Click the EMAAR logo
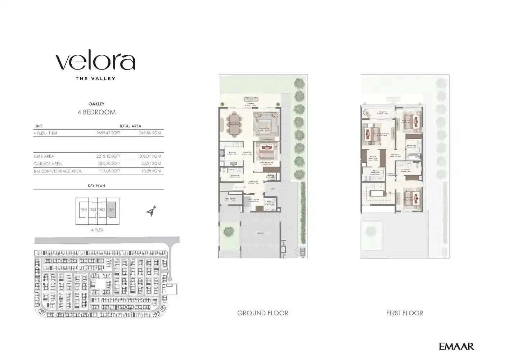pyautogui.click(x=456, y=346)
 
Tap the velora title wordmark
pyautogui.click(x=95, y=62)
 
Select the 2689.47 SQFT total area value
pyautogui.click(x=108, y=133)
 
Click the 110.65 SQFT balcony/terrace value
pyautogui.click(x=108, y=171)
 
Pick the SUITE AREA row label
pyautogui.click(x=44, y=156)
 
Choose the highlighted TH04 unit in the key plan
pyautogui.click(x=111, y=210)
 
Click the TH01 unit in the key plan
pyautogui.click(x=84, y=210)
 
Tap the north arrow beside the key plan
pyautogui.click(x=152, y=211)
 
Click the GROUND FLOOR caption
pyautogui.click(x=262, y=313)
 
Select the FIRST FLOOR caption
pyautogui.click(x=405, y=313)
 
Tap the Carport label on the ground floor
pyautogui.click(x=260, y=233)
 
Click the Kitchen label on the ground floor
pyautogui.click(x=233, y=153)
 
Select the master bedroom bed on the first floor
pyautogui.click(x=371, y=134)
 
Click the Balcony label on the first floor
pyautogui.click(x=382, y=112)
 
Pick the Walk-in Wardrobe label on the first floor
pyautogui.click(x=373, y=158)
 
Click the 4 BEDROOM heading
pyautogui.click(x=96, y=112)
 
